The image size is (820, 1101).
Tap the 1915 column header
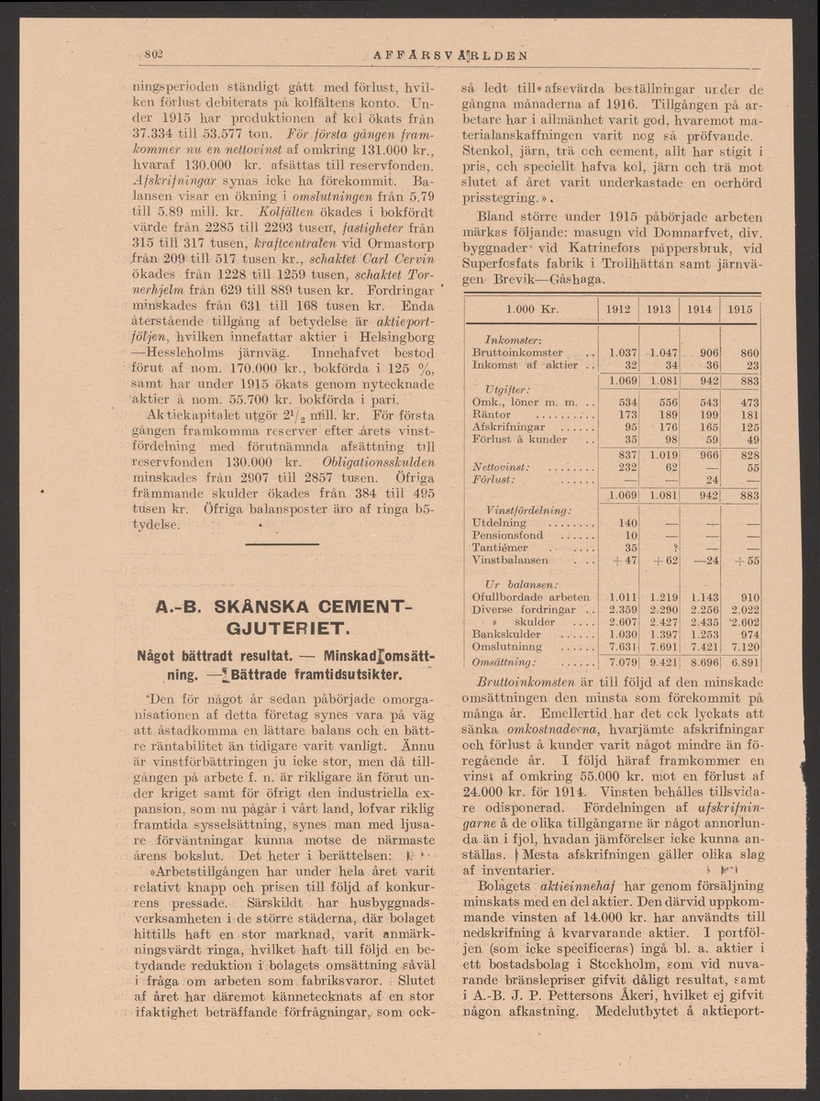point(739,309)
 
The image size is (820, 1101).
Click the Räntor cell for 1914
point(699,413)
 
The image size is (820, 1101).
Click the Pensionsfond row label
point(507,535)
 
